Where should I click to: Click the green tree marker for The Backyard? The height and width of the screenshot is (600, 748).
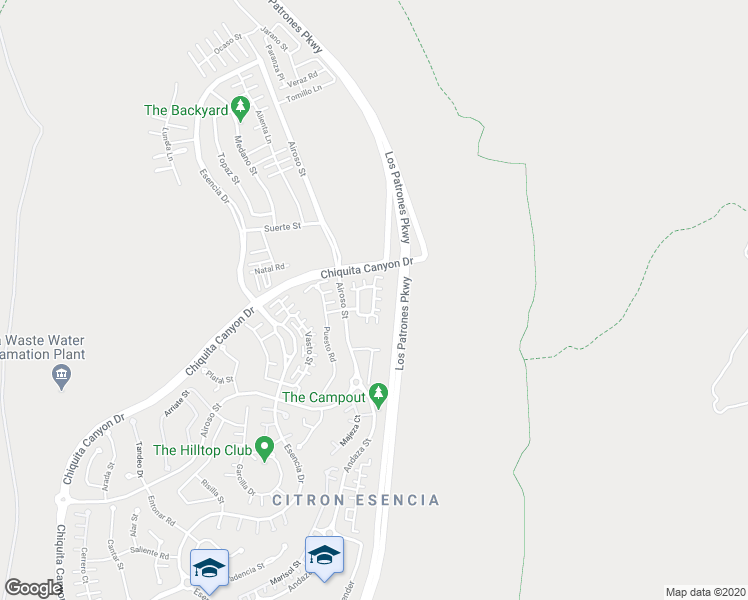(x=239, y=105)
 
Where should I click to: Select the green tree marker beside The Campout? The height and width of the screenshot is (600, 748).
(x=378, y=395)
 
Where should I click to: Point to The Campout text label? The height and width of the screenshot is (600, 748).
(x=323, y=397)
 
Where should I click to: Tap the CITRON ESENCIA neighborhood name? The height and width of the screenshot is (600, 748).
(x=355, y=499)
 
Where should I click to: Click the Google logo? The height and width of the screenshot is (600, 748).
(x=34, y=588)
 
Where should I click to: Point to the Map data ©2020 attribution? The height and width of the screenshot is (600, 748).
(x=705, y=591)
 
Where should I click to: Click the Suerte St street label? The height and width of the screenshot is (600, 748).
(x=282, y=227)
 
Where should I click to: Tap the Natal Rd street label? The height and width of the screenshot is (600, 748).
(x=269, y=268)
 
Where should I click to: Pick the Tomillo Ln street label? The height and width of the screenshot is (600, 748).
(x=303, y=90)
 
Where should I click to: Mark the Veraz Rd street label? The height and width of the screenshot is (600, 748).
(x=300, y=75)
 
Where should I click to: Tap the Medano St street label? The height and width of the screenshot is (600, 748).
(x=245, y=155)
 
